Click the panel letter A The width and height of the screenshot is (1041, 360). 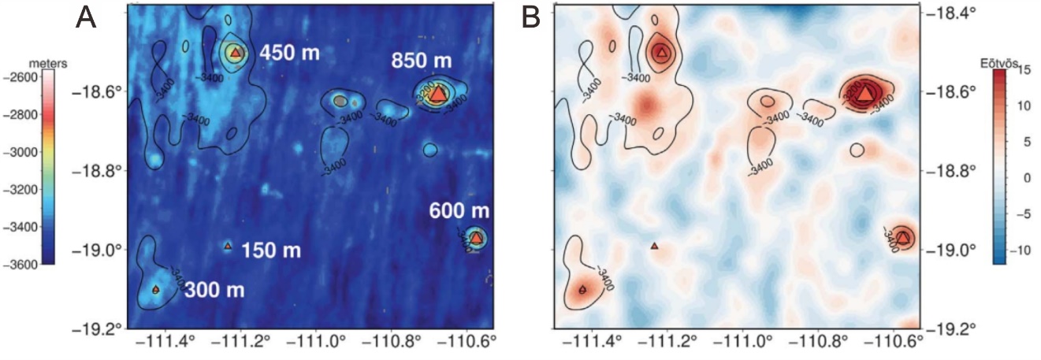click(87, 17)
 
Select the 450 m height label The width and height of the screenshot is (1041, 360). click(288, 54)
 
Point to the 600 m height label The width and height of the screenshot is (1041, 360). click(459, 212)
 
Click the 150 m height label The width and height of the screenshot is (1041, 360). click(271, 251)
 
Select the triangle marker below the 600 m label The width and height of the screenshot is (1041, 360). click(476, 236)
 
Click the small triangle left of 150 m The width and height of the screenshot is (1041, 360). click(228, 247)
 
